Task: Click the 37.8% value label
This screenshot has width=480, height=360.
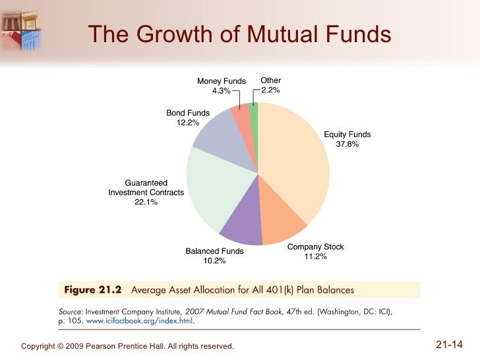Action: pyautogui.click(x=347, y=144)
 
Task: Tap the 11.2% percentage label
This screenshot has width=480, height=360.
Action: pyautogui.click(x=315, y=257)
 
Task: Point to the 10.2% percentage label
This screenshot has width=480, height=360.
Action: pyautogui.click(x=214, y=261)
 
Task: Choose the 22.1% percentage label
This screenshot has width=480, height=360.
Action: pyautogui.click(x=146, y=202)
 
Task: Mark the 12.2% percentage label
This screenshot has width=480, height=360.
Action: pyautogui.click(x=188, y=123)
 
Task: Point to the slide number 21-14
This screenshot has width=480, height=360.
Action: pyautogui.click(x=450, y=344)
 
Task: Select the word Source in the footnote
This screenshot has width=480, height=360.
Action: pyautogui.click(x=71, y=311)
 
